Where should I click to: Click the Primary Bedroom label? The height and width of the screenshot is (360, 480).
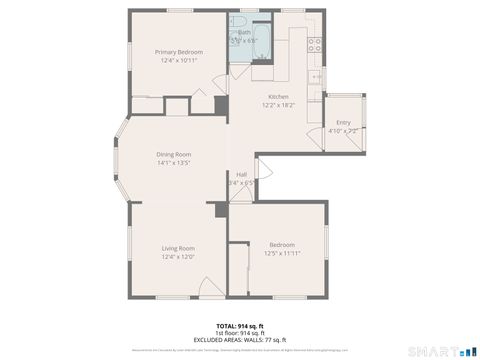179,52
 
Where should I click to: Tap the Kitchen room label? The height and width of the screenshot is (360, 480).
277,96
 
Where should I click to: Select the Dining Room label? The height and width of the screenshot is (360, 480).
173,154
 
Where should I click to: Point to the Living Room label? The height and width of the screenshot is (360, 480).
178,248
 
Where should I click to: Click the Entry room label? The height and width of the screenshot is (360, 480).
343,123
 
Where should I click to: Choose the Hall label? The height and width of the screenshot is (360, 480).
241,174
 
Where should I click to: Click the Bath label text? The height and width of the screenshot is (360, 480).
243,33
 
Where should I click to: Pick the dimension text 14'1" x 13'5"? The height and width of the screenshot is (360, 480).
173,162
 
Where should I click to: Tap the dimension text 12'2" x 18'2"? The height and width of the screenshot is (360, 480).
277,104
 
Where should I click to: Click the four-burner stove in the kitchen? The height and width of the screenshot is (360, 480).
314,44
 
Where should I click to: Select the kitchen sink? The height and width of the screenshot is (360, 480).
316,76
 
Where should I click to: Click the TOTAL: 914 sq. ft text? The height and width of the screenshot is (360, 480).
239,325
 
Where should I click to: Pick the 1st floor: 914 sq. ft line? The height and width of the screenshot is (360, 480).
239,332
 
